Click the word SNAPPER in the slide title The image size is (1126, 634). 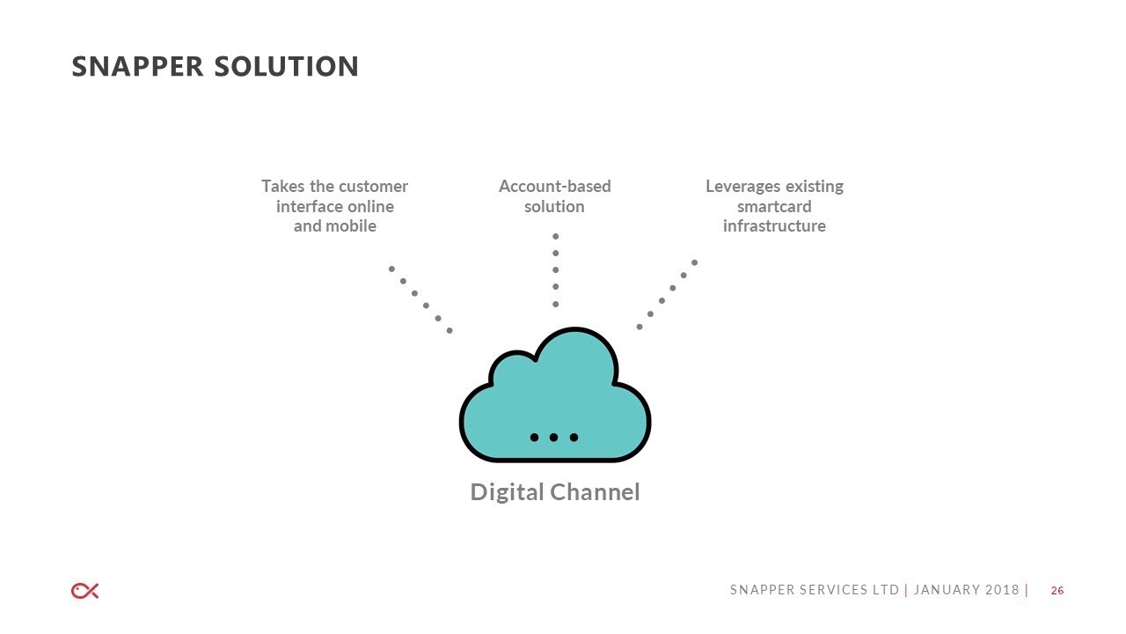click(137, 66)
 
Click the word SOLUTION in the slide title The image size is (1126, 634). click(287, 66)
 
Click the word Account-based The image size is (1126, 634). click(555, 186)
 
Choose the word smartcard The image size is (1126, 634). click(774, 206)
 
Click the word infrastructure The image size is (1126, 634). click(774, 226)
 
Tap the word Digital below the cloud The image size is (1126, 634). click(507, 492)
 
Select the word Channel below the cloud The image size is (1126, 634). click(595, 491)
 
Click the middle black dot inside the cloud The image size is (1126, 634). click(553, 438)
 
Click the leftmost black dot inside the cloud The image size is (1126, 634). click(534, 438)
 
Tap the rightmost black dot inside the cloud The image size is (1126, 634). click(574, 438)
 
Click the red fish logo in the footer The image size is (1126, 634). click(85, 591)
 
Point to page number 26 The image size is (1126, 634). click(1057, 591)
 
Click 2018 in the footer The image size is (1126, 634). click(1002, 590)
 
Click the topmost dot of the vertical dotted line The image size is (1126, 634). click(555, 237)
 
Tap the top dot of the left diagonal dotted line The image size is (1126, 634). click(391, 269)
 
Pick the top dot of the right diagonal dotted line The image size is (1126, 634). click(695, 262)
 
